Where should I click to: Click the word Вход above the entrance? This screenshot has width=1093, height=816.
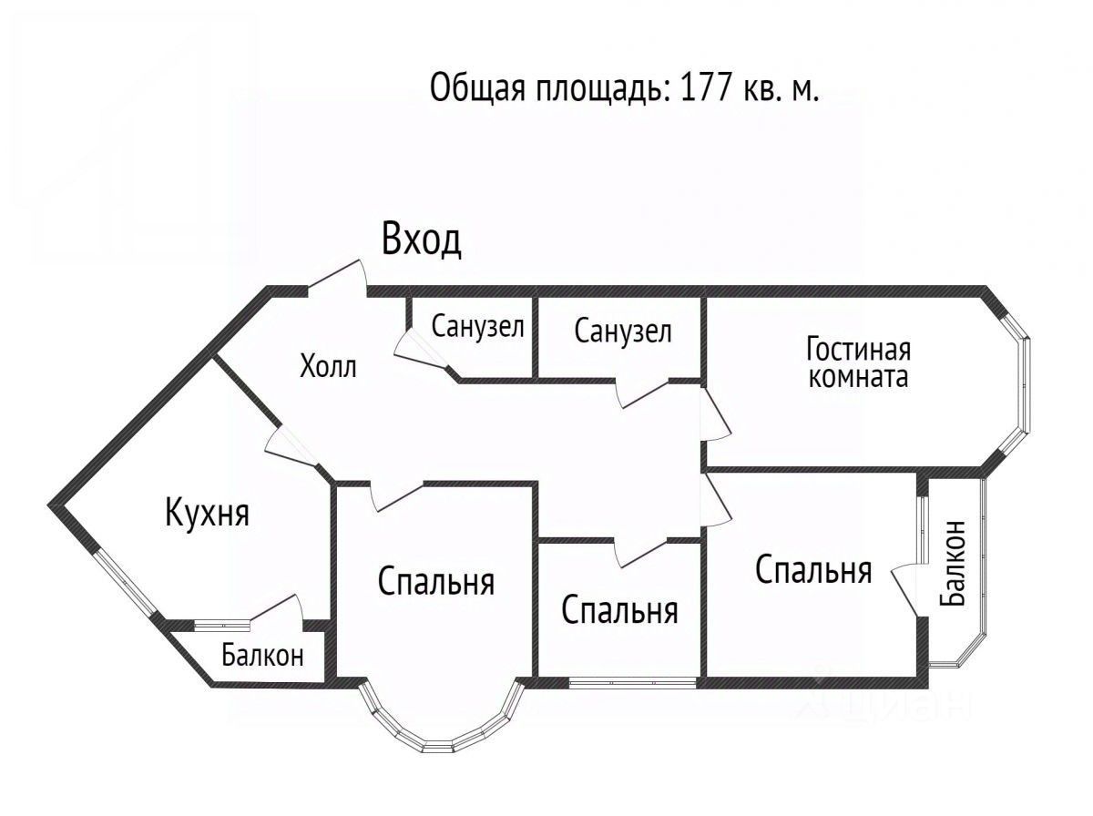coord(421,240)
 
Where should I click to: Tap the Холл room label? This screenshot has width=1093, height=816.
coord(328,367)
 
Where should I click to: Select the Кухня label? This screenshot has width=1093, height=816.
coord(207,513)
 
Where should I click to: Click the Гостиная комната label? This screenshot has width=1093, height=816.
coord(858,362)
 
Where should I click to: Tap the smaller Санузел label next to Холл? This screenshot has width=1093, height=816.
coord(477,327)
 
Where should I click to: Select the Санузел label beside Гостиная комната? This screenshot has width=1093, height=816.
coord(623,331)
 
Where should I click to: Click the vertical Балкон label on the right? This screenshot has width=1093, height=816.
coord(954,562)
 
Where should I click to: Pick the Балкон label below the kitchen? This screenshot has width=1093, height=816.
coord(262,656)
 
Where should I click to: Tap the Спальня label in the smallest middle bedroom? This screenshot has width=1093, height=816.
coord(619,610)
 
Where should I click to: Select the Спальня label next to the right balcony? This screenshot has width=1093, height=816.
coord(813,571)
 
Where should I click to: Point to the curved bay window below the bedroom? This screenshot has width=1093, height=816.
coord(443,729)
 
